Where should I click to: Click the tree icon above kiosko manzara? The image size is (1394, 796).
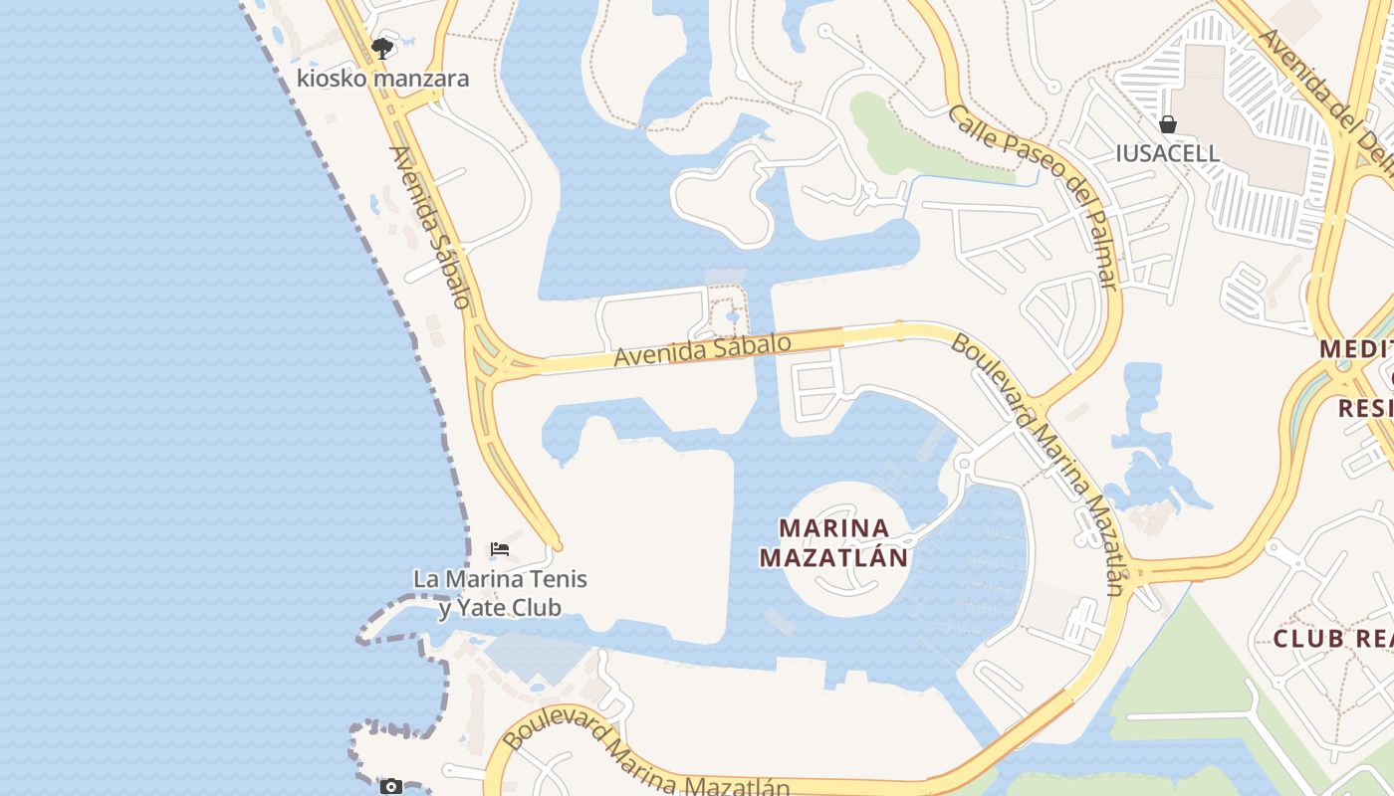pos(381,48)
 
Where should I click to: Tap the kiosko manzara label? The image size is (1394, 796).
pos(382,79)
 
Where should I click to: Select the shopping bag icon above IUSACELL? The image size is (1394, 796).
pos(1168,124)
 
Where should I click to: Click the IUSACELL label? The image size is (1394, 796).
pos(1168,153)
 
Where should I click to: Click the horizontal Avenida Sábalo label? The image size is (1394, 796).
pos(702,350)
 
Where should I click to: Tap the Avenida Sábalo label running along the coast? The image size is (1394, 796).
pos(430,227)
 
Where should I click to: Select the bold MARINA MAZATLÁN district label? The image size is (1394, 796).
pos(834,542)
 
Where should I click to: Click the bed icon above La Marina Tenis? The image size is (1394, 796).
pos(500,549)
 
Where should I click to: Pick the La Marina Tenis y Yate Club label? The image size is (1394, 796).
pos(500,593)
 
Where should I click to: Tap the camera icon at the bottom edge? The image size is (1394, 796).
pos(391,787)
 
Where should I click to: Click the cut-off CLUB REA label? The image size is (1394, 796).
pos(1332,639)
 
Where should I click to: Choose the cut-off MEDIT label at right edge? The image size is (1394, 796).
pos(1356,350)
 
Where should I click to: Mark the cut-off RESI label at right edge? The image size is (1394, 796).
pos(1364,408)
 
